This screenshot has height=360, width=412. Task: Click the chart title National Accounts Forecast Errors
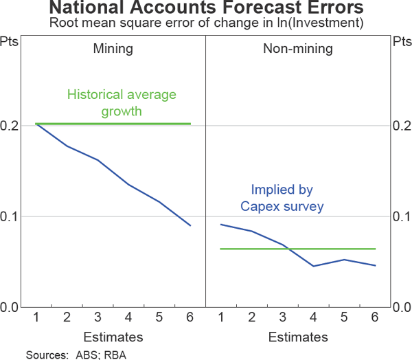click(x=206, y=10)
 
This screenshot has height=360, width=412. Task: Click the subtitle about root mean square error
click(x=206, y=24)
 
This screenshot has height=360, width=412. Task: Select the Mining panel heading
click(x=113, y=49)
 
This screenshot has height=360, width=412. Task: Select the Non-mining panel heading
click(x=297, y=49)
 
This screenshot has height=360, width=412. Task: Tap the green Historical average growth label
click(x=122, y=102)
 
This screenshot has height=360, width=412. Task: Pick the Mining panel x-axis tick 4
click(x=129, y=318)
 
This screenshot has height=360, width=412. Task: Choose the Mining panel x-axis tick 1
click(x=35, y=318)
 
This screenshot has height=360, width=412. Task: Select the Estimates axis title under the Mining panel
click(x=113, y=337)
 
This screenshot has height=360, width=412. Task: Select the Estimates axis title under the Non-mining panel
click(x=297, y=337)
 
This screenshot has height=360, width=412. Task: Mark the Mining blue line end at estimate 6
click(x=190, y=225)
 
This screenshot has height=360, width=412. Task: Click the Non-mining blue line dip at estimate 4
click(x=313, y=266)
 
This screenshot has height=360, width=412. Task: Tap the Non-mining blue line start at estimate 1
click(x=220, y=224)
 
